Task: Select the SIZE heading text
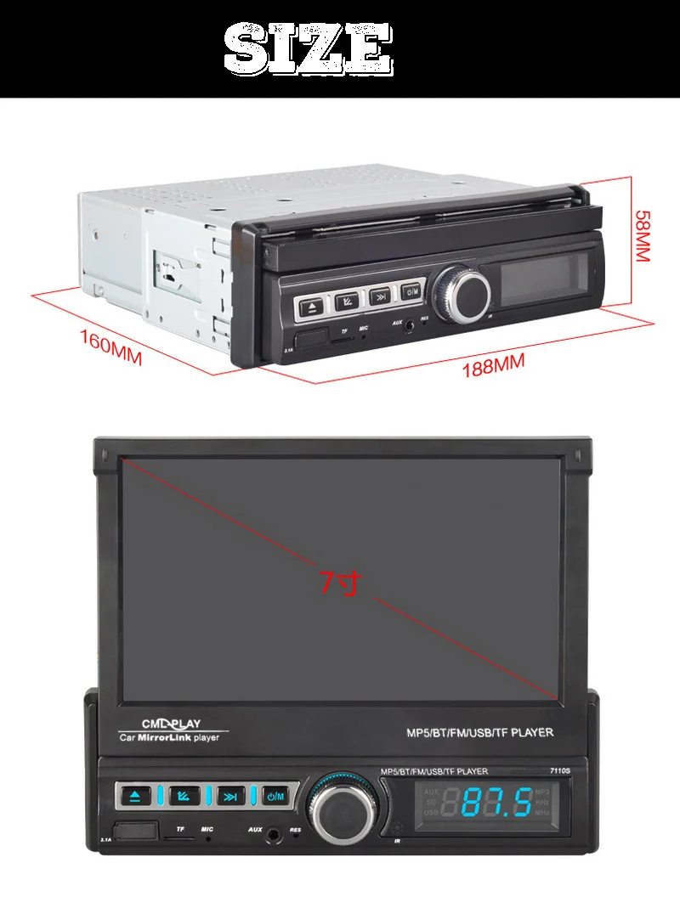click(x=309, y=50)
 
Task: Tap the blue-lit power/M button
click(x=276, y=797)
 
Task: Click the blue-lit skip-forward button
click(x=229, y=797)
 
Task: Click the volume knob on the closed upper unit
click(x=462, y=293)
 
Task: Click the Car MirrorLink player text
click(x=168, y=737)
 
